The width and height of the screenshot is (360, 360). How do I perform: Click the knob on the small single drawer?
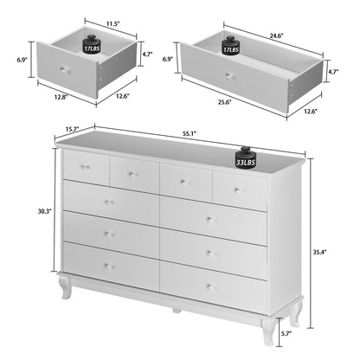click(x=67, y=70)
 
